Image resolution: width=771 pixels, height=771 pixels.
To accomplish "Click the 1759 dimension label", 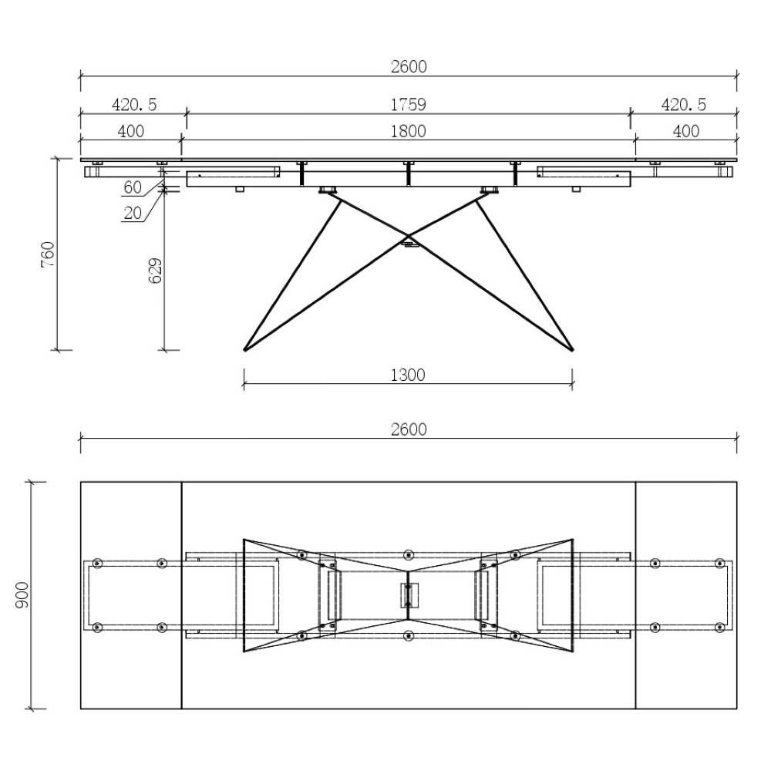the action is pos(408,105).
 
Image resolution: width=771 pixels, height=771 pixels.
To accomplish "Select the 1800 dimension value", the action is pos(408,131).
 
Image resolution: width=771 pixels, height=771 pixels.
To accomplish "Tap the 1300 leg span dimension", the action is pos(408,375).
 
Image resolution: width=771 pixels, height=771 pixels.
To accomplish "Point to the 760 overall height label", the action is pos(48,254).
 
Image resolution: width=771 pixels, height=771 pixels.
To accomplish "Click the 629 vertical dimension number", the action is pos(155,271).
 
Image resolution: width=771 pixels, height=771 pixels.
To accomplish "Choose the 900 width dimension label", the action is pos(22,595).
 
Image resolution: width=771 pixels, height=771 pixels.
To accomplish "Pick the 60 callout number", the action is pos(133,187).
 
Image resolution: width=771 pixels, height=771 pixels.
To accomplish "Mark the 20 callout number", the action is pos(133,213).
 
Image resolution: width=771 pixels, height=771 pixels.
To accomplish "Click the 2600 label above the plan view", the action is pos(409,429).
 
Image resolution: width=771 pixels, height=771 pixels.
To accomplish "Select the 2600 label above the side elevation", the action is pos(409,66).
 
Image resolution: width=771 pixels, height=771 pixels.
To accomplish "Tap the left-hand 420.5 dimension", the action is pos(134,105).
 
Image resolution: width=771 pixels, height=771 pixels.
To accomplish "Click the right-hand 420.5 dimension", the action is pos(683,105).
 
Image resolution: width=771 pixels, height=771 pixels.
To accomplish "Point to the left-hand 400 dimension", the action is pos(131,131).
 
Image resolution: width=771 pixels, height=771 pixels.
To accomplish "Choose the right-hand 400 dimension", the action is pos(686,131).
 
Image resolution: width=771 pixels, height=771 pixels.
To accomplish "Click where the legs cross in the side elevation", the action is pos(408,235).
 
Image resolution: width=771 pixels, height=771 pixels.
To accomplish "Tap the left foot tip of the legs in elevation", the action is pos(244,350).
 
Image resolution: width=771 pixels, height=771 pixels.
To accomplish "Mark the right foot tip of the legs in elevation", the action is pos(573,350).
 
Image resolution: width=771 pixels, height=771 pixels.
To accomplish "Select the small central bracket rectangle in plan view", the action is pos(409,595).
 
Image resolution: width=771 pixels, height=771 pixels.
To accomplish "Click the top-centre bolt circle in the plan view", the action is pos(408,555).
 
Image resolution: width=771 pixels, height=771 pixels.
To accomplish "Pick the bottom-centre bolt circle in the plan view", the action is pos(408,636).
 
